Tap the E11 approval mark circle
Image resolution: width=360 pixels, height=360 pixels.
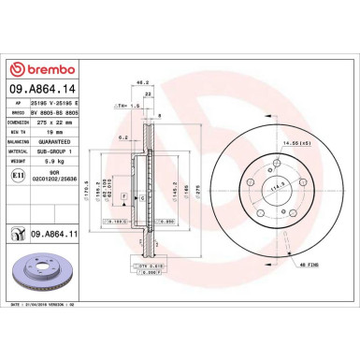click(x=17, y=175)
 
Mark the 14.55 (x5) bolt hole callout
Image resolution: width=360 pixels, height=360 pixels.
click(x=295, y=142)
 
